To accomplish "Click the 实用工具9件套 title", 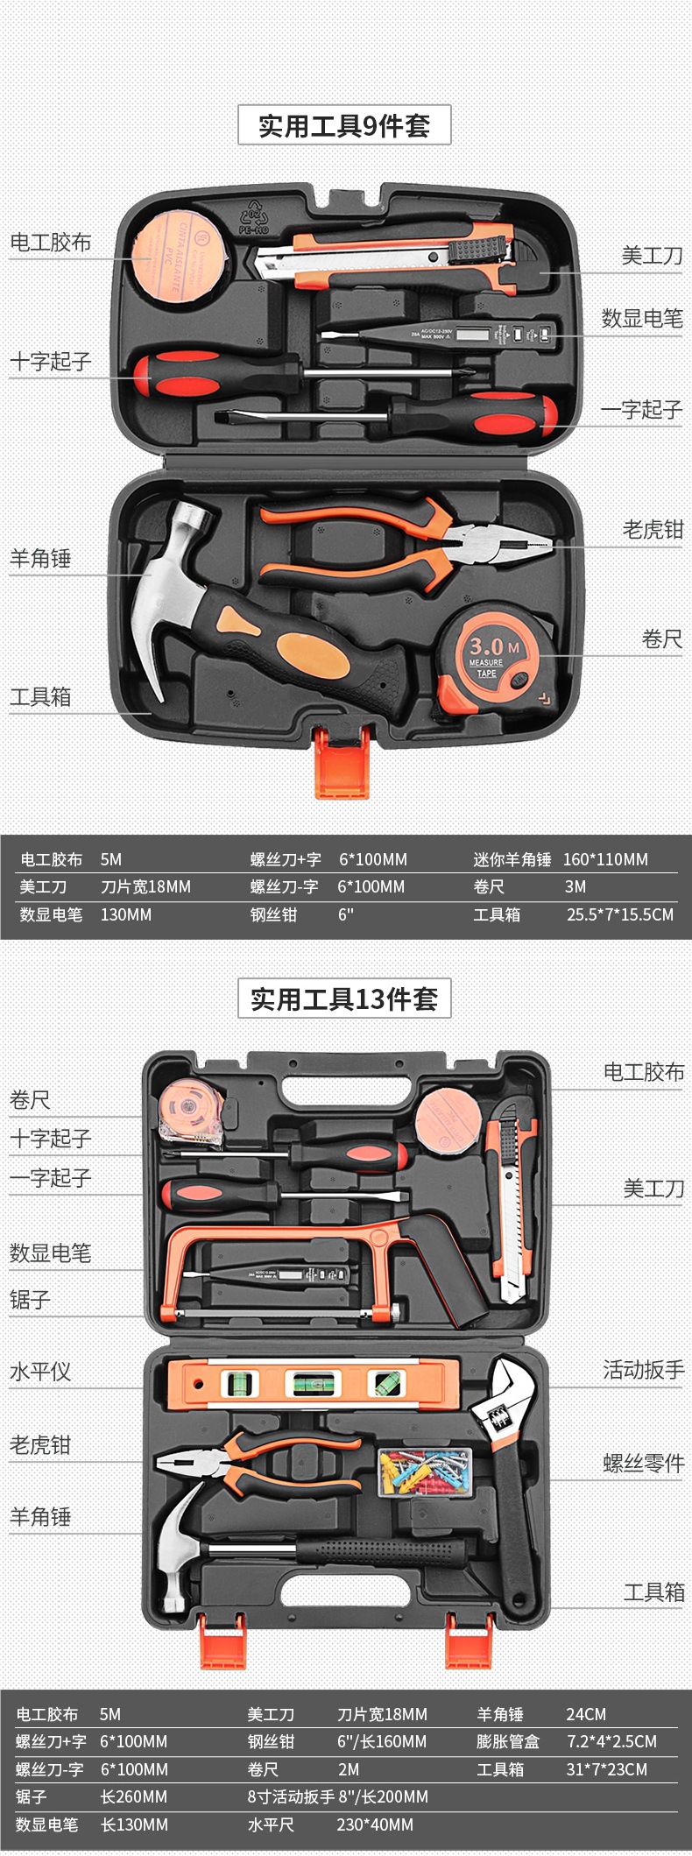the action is pos(344,125).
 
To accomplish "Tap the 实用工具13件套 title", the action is pos(344,999).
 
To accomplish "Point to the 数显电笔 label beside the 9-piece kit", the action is pos(641,318).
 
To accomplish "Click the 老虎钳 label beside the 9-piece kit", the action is pos(652,529).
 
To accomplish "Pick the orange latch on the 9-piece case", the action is pos(342,763).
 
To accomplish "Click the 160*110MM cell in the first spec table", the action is pos(605,859).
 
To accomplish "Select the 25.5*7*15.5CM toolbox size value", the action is pos(620,914).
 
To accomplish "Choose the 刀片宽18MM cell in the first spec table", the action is pos(145,886).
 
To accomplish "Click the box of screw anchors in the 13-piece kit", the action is pos(425,1471).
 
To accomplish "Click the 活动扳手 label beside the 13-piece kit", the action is pos(643,1369).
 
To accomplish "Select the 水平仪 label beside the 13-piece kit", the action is pos(40,1371).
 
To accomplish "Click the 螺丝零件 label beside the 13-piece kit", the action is pos(643,1463).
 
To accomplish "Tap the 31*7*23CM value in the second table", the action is pos(606,1768).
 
